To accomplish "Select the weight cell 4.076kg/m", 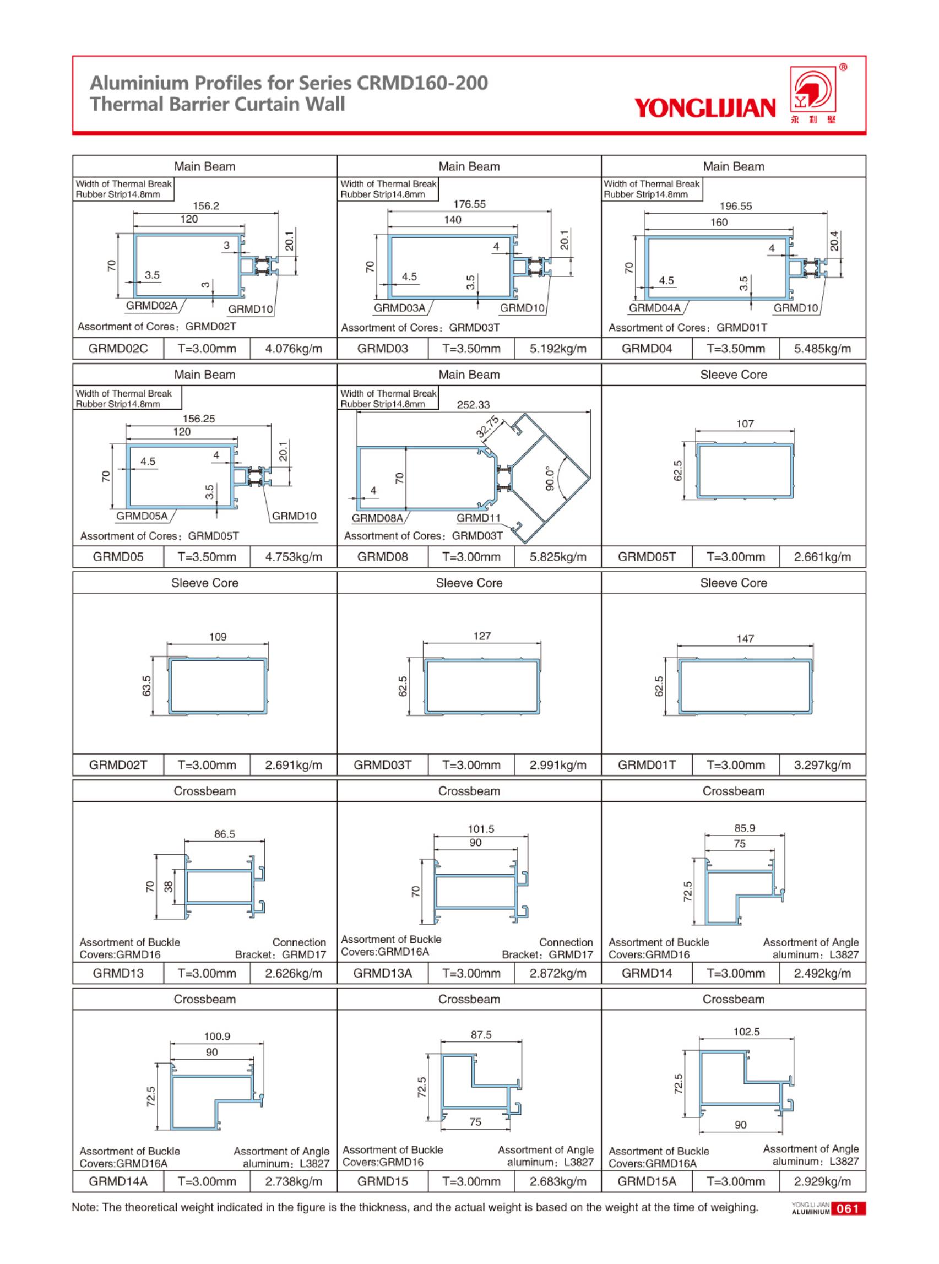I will [x=294, y=349].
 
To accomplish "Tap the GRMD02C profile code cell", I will [x=118, y=349].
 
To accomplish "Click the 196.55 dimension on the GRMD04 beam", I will [x=736, y=207].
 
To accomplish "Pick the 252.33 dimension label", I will [x=473, y=405].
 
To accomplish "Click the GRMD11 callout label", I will [x=478, y=518].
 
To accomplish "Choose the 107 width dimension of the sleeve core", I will [x=745, y=424].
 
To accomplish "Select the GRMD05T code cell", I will [x=647, y=556].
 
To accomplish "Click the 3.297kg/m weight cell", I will [x=822, y=765].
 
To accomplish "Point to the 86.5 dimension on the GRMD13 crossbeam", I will [x=225, y=834].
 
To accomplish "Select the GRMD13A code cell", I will [x=382, y=973].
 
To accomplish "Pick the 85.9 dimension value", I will [x=744, y=828].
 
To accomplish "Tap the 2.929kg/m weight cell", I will [x=822, y=1181].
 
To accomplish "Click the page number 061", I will [x=848, y=1209].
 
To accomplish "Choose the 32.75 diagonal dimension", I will [x=487, y=427].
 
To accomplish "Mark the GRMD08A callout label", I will [x=377, y=518].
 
